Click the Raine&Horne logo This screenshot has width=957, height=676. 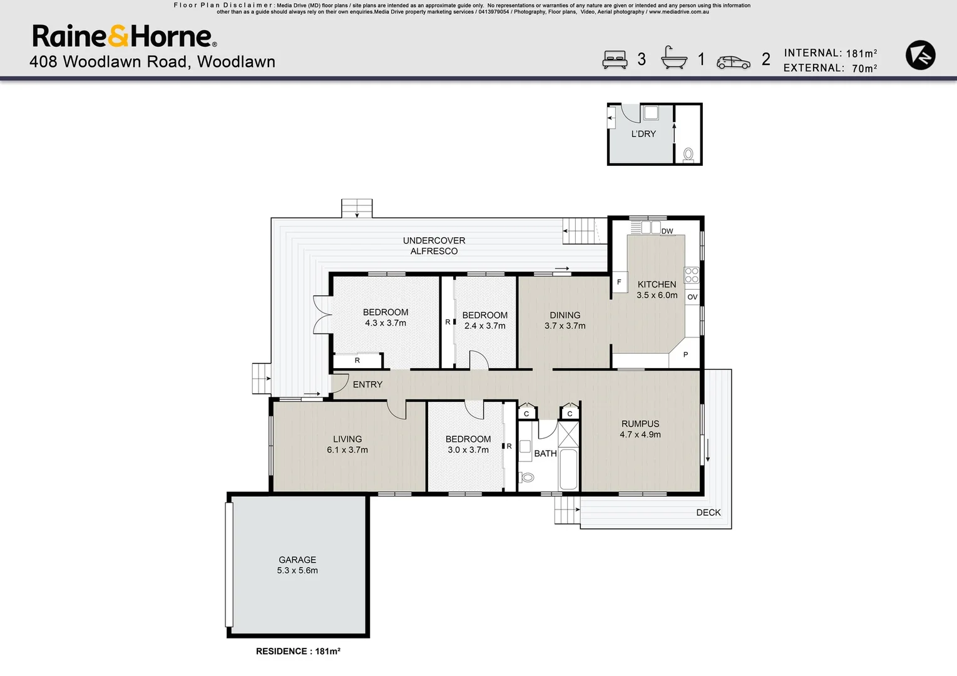[x=124, y=36]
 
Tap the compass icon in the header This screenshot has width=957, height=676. [x=920, y=55]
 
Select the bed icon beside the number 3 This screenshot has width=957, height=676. [x=615, y=59]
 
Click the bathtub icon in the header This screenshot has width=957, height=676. [x=674, y=58]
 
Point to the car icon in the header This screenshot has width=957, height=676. [x=733, y=63]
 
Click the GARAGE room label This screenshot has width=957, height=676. [x=297, y=565]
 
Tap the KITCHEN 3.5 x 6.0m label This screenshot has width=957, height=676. [x=657, y=289]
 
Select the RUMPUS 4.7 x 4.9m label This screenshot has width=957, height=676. [x=640, y=429]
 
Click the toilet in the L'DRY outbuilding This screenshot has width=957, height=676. [x=688, y=154]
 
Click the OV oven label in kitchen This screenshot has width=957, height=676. [x=692, y=297]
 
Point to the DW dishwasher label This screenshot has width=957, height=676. [x=667, y=231]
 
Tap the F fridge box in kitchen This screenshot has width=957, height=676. [x=619, y=282]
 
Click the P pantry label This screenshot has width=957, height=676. [x=685, y=354]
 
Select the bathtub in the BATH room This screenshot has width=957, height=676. [x=568, y=469]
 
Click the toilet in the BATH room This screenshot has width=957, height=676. [x=527, y=478]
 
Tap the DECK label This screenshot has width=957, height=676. [x=708, y=512]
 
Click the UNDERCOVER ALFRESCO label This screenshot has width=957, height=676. [x=434, y=245]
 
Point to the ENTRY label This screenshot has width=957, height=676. [x=367, y=384]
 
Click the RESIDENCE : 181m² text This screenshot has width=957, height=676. [x=298, y=651]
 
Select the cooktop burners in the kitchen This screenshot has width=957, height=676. [x=691, y=275]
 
